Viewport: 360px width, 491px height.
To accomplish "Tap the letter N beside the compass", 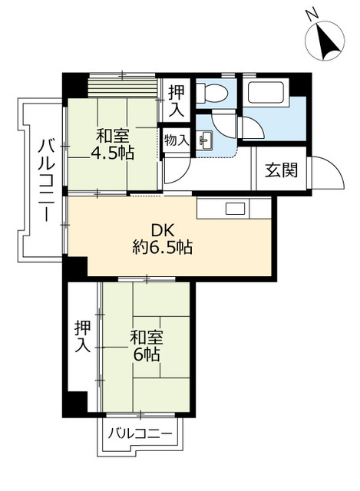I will pos(311,14).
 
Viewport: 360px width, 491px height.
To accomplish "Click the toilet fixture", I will pos(212,94).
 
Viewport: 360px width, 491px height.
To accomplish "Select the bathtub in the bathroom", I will pos(265,96).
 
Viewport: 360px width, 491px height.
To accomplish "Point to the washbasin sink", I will pos(206,140).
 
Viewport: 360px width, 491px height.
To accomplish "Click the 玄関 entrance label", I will pos(282,171).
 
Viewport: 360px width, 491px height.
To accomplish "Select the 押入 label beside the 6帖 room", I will pos(83,336).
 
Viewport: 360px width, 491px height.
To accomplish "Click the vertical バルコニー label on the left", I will pos(45,178).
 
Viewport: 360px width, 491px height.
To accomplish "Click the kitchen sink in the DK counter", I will pos(234,208).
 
